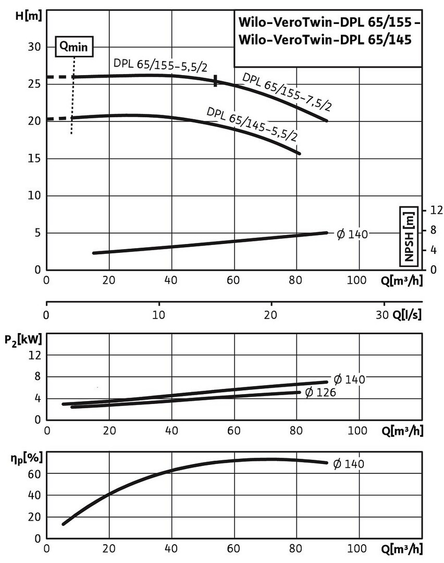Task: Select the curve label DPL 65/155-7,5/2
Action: [x=287, y=92]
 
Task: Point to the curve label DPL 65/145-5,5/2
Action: [x=252, y=124]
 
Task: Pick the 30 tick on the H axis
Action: [x=34, y=46]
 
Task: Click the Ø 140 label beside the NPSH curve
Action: [x=352, y=234]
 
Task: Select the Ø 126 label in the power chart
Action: [x=319, y=392]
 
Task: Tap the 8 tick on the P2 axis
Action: [x=37, y=376]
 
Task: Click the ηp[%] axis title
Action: [x=21, y=460]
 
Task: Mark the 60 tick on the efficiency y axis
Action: [x=35, y=473]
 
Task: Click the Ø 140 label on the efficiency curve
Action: [x=349, y=463]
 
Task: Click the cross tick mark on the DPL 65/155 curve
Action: [x=215, y=81]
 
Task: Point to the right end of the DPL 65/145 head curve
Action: [x=300, y=153]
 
